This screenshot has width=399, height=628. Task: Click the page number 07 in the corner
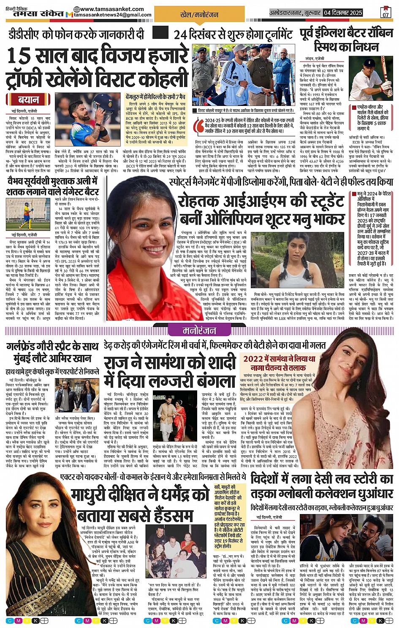(385, 12)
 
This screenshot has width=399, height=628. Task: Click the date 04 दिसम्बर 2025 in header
(343, 13)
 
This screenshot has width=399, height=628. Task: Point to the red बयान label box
(28, 100)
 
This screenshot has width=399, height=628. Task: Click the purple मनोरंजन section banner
(199, 331)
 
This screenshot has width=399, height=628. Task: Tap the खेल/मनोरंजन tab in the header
(199, 15)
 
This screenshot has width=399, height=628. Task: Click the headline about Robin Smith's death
(346, 40)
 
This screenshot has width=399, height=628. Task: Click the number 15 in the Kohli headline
(19, 56)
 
